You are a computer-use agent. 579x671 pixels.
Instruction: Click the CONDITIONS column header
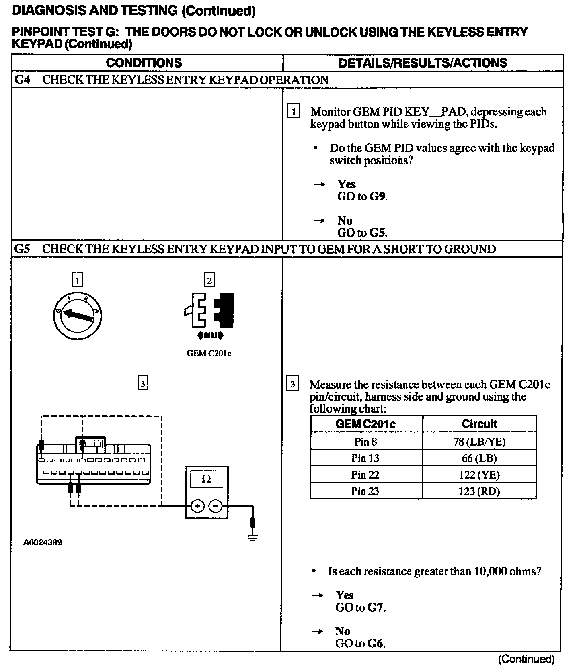pyautogui.click(x=144, y=63)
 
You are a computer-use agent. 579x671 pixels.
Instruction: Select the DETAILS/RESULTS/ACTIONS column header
pyautogui.click(x=423, y=63)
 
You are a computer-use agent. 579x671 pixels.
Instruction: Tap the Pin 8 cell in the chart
pyautogui.click(x=365, y=442)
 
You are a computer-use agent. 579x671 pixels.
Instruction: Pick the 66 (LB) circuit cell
pyautogui.click(x=479, y=458)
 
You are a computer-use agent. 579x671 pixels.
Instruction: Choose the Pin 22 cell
pyautogui.click(x=365, y=475)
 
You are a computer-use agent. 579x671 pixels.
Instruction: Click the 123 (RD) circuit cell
pyautogui.click(x=479, y=491)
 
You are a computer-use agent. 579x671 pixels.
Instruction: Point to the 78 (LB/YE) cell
pyautogui.click(x=479, y=442)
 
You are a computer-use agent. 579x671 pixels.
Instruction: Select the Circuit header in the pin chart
pyautogui.click(x=479, y=424)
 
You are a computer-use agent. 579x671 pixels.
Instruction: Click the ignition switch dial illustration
pyautogui.click(x=77, y=315)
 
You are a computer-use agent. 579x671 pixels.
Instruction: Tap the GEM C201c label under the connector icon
pyautogui.click(x=209, y=354)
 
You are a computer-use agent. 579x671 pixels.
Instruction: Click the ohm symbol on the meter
pyautogui.click(x=206, y=479)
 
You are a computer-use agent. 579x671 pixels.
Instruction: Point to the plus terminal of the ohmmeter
pyautogui.click(x=197, y=506)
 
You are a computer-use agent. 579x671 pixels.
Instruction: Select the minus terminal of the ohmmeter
pyautogui.click(x=216, y=506)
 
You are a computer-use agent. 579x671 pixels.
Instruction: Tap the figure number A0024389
pyautogui.click(x=43, y=542)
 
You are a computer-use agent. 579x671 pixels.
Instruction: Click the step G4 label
pyautogui.click(x=23, y=80)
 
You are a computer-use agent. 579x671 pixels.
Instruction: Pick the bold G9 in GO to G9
pyautogui.click(x=378, y=196)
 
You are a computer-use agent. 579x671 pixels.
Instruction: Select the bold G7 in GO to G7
pyautogui.click(x=376, y=607)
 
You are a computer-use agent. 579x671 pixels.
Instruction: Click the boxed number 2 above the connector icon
pyautogui.click(x=209, y=280)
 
